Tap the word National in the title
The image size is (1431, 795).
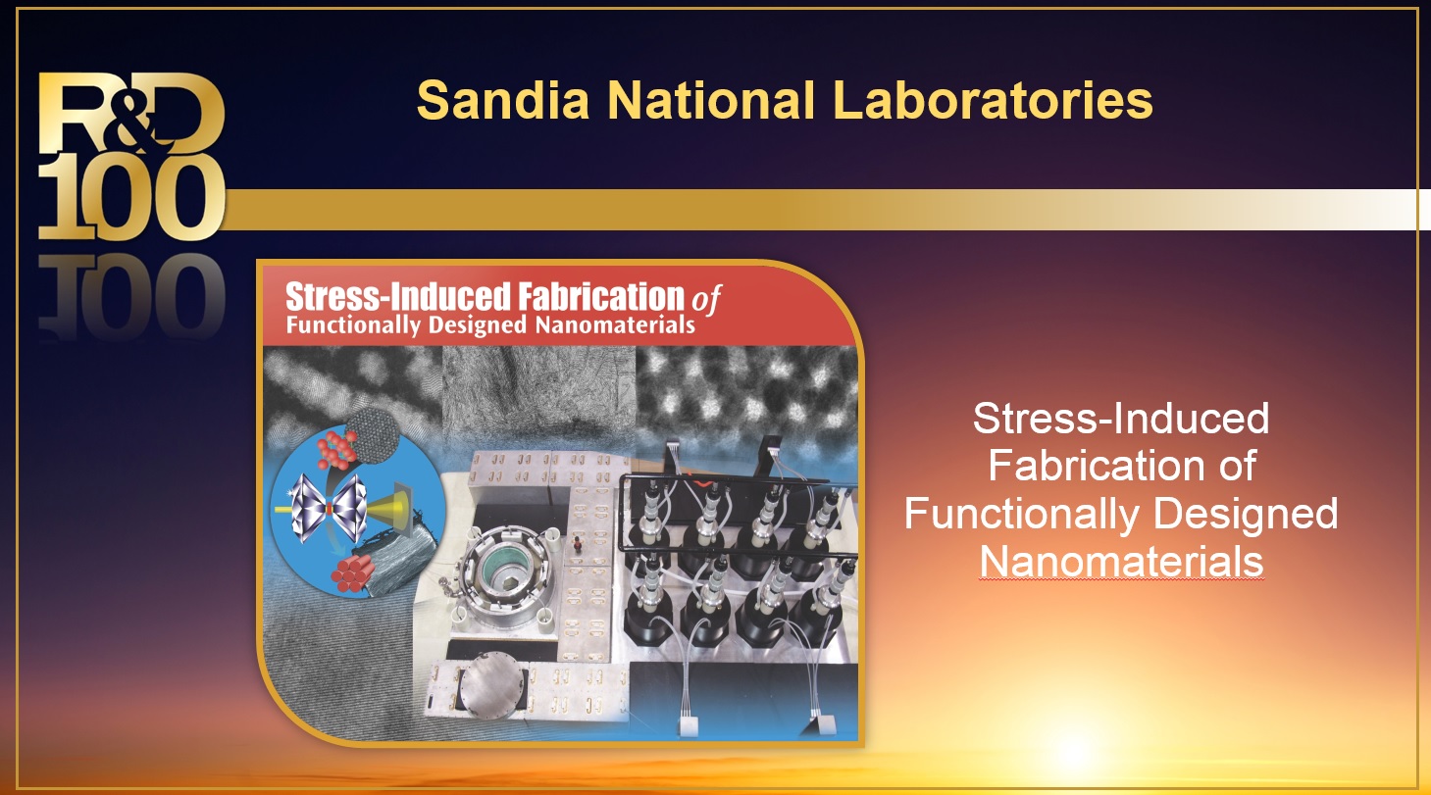coord(711,100)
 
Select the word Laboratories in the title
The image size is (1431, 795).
coord(994,100)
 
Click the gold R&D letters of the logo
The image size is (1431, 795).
coord(131,113)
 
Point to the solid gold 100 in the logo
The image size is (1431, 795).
coord(131,197)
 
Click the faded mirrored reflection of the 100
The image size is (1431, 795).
coord(131,295)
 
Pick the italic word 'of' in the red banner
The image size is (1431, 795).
coord(706,299)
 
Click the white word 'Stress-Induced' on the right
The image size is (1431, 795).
coord(1121,419)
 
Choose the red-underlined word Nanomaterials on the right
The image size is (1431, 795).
coord(1122,562)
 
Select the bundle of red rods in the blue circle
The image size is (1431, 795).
coord(352,572)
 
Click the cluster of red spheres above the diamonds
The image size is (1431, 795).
coord(336,449)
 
